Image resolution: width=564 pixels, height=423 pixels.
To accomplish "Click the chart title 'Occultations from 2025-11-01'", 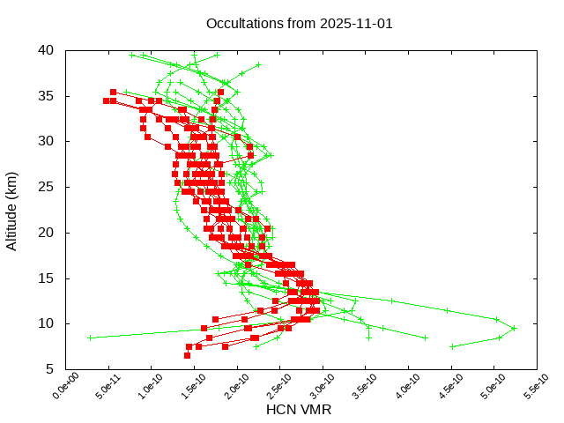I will [x=299, y=24].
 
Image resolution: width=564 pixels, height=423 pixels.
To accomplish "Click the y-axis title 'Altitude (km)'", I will [x=12, y=210].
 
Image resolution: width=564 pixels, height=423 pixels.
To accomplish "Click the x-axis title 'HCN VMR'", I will [x=299, y=410].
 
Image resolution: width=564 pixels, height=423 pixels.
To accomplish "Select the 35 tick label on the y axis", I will [x=47, y=95].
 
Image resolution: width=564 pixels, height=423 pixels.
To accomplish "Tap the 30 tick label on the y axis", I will [x=47, y=141].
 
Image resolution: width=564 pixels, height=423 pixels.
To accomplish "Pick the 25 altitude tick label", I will [x=47, y=187].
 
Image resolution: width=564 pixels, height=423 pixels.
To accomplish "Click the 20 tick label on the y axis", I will [x=47, y=233].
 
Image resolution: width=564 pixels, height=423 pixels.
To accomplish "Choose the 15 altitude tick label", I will [x=47, y=278].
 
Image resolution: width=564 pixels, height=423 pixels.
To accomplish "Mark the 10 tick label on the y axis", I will [x=47, y=324].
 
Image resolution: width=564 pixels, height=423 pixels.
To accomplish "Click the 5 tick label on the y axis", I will [x=50, y=370].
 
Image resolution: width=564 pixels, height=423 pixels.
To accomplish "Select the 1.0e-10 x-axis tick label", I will [x=140, y=387].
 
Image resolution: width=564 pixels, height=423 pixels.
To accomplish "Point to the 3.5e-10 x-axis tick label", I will [x=355, y=387].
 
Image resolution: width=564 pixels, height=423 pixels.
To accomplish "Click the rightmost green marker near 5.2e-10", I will [x=514, y=328].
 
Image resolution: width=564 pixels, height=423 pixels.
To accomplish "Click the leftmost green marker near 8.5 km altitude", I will [x=90, y=338].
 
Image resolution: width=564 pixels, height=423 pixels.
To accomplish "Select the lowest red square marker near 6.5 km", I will [x=187, y=355].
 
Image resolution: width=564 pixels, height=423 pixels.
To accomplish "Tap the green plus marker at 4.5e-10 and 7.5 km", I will [x=452, y=346].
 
